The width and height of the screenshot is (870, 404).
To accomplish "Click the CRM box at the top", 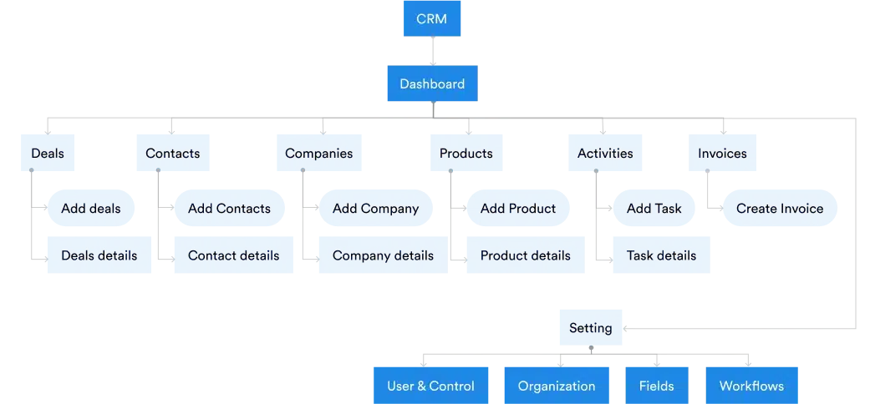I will pos(431,19).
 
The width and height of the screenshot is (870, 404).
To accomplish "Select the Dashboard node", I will pos(431,83).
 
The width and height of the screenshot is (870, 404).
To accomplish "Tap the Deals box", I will pos(48,154).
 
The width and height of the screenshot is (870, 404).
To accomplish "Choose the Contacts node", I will pos(173,154).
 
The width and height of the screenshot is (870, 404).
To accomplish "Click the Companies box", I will pos(319,154).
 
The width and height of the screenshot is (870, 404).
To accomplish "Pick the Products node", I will pos(466,154).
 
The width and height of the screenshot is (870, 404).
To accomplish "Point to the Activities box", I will pos(605,154).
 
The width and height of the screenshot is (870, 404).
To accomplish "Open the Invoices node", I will pos(723,154).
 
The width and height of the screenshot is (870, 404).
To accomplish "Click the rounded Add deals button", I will pos(91,209).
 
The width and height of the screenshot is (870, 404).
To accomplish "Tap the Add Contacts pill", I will pos(230,209).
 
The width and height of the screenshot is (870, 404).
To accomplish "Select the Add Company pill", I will pos(375,209).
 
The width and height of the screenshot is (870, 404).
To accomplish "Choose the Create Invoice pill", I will pos(780,209).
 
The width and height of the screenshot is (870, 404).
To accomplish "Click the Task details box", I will pos(662,255).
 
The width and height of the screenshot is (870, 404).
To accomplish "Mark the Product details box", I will pos(526,255).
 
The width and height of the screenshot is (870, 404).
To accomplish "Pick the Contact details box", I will pos(234,255).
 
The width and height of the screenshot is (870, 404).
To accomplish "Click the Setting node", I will pos(591,328).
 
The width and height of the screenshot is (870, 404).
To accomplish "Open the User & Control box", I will pos(431,386).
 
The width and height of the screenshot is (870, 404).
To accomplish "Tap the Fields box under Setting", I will pos(657,386).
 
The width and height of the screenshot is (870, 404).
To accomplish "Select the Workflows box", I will pos(752,386).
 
